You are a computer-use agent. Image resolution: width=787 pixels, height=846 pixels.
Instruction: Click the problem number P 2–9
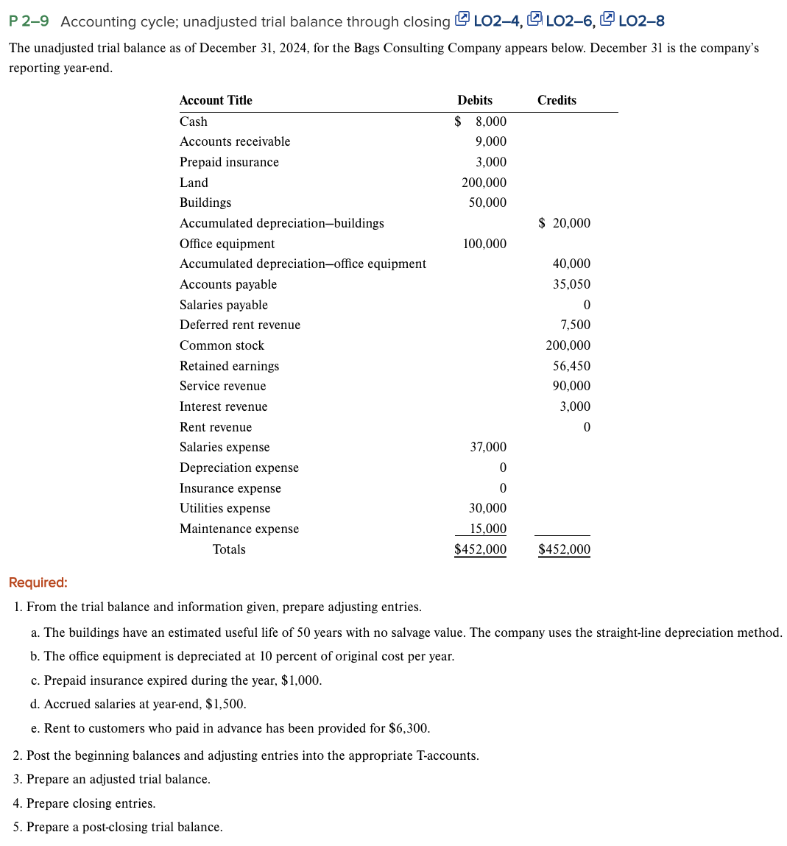click(x=29, y=21)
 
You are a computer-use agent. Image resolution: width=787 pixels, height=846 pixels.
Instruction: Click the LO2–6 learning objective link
click(x=570, y=21)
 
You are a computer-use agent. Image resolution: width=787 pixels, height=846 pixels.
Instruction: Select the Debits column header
click(x=475, y=100)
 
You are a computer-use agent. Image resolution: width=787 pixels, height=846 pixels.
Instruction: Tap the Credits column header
click(x=557, y=100)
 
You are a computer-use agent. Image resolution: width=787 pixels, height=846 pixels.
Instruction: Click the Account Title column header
click(x=216, y=100)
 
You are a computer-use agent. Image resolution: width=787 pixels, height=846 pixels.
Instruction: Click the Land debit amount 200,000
click(x=484, y=183)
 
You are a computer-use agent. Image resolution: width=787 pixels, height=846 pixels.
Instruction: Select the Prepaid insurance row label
click(x=229, y=162)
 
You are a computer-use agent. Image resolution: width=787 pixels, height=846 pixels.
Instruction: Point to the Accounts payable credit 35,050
click(x=571, y=284)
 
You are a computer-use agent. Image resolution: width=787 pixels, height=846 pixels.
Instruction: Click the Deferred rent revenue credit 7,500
click(x=575, y=325)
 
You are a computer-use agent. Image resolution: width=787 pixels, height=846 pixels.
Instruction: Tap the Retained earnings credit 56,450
click(x=571, y=366)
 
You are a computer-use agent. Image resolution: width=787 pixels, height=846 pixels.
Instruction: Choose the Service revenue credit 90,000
click(x=571, y=386)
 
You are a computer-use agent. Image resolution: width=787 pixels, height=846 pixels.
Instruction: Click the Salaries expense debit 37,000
click(x=488, y=447)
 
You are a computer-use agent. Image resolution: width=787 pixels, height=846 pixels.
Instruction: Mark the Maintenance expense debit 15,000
click(x=488, y=529)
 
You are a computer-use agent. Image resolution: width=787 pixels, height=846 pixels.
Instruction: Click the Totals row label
click(x=229, y=549)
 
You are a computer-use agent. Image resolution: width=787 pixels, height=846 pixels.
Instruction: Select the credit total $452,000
click(x=564, y=549)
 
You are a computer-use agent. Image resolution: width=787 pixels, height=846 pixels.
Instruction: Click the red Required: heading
click(x=38, y=582)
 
